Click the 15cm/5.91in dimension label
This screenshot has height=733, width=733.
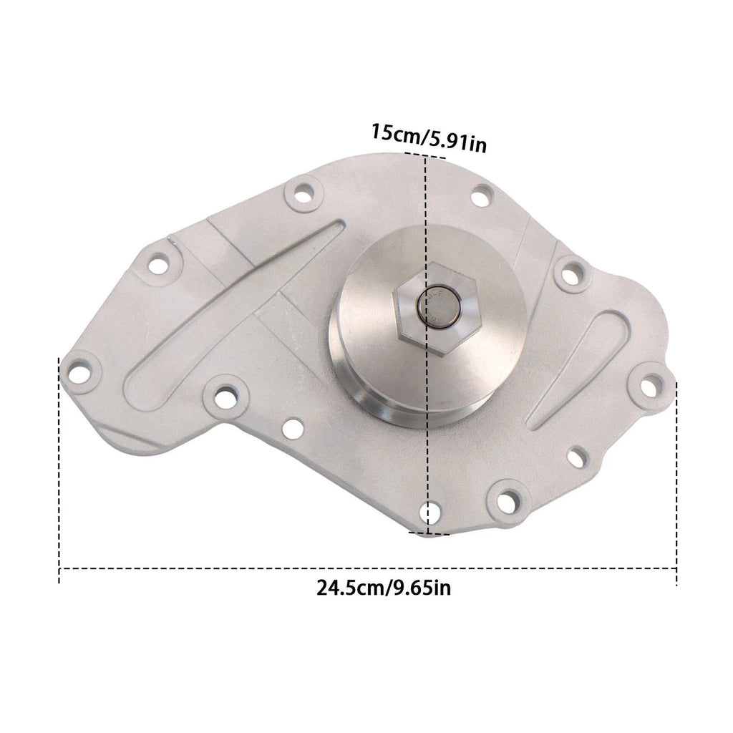(429, 138)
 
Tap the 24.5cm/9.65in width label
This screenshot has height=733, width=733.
(384, 587)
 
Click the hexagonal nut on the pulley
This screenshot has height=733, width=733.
(437, 307)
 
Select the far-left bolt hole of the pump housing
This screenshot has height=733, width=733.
(79, 373)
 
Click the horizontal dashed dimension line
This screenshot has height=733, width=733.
(368, 568)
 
